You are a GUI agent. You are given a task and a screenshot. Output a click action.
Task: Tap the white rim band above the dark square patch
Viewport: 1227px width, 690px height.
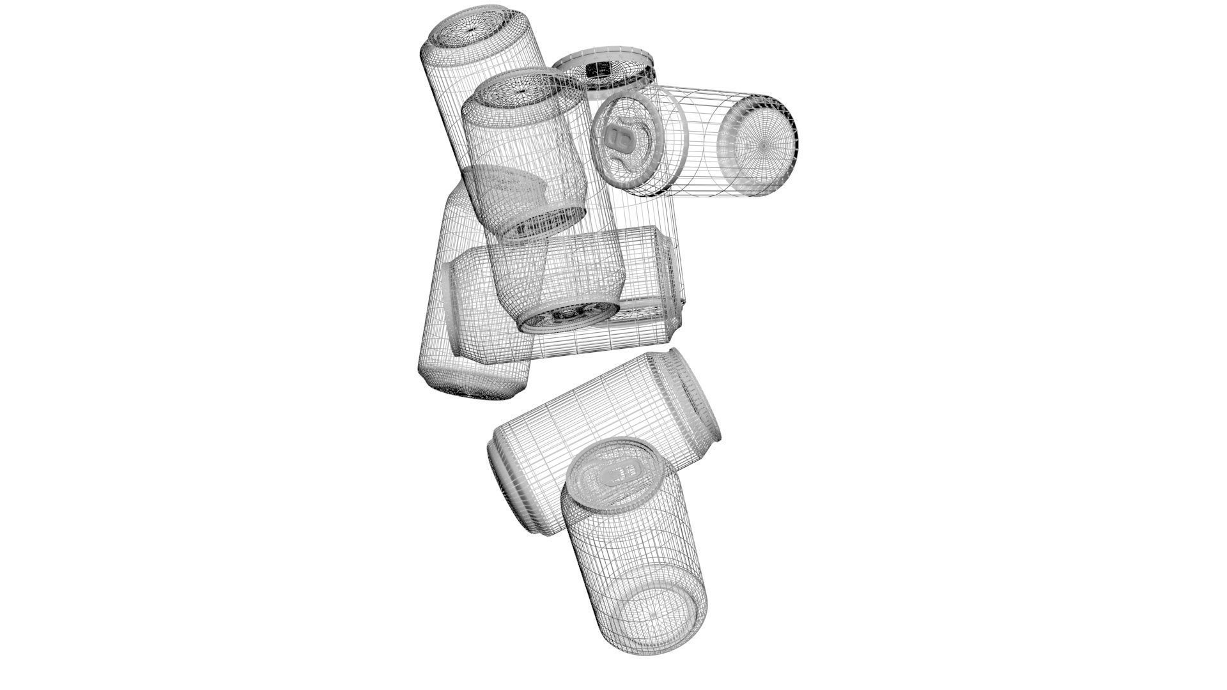604,56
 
